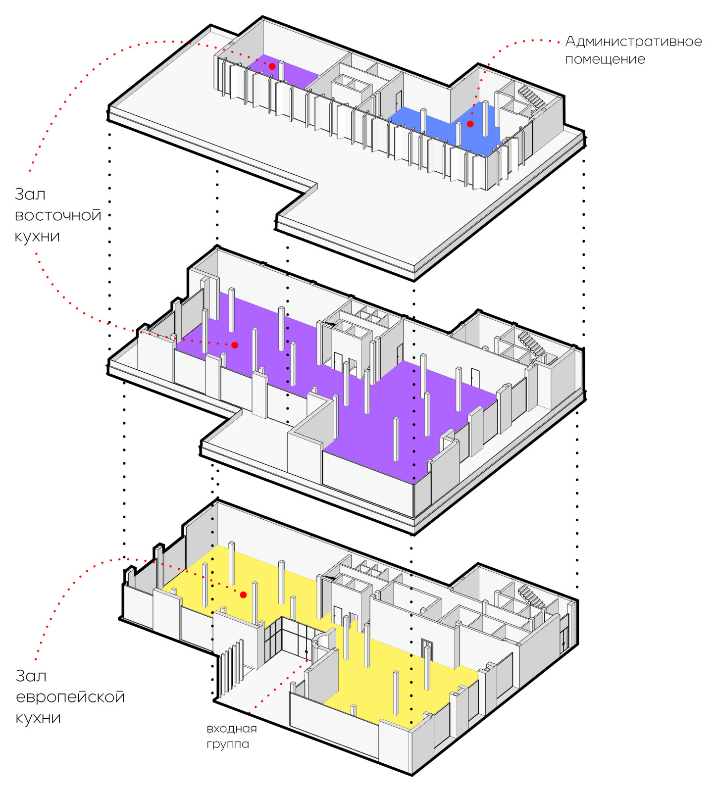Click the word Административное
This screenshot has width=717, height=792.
click(x=633, y=41)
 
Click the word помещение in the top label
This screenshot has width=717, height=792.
click(x=605, y=59)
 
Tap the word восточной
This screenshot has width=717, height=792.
click(x=58, y=215)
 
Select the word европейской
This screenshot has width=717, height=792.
click(x=70, y=697)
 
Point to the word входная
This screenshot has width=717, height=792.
click(x=232, y=728)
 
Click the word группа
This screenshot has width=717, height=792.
click(x=228, y=744)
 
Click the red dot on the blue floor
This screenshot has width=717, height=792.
click(x=470, y=124)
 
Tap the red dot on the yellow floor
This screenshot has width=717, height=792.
click(x=243, y=594)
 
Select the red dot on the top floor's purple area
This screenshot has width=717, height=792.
click(x=272, y=66)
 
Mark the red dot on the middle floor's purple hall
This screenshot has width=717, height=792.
click(x=235, y=345)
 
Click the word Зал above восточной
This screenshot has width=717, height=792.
click(x=30, y=194)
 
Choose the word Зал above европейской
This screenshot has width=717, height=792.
click(x=31, y=676)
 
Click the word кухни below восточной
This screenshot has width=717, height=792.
click(x=37, y=236)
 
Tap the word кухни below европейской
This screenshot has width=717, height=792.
click(x=38, y=718)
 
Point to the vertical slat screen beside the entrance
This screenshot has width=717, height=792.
click(x=232, y=666)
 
